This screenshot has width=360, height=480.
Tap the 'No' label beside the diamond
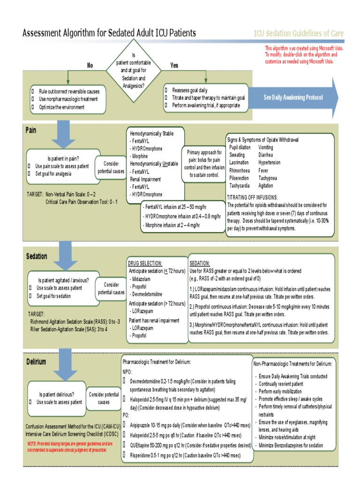90,66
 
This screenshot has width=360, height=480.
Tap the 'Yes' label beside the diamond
174,66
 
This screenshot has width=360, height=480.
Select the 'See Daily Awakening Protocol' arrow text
293,97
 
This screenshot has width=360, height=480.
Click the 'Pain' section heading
31,130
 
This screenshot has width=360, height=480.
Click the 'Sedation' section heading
37,256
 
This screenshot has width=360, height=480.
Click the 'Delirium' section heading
36,361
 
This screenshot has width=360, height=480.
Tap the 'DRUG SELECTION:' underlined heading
145,263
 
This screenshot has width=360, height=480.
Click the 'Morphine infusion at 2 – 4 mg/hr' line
172,225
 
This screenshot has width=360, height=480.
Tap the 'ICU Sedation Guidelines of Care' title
299,33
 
